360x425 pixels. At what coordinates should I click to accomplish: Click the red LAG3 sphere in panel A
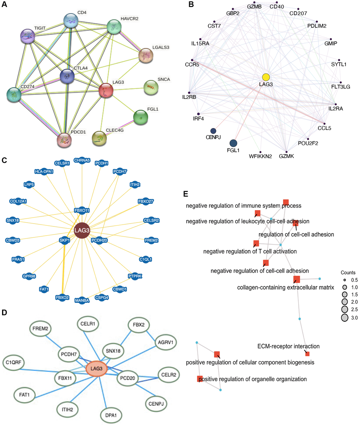point(106,90)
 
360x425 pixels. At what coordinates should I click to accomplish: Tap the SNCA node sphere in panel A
point(151,87)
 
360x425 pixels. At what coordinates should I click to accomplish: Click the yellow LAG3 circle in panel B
point(266,77)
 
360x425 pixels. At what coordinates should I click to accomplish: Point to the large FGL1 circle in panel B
point(233,143)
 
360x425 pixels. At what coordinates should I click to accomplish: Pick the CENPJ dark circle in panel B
point(213,131)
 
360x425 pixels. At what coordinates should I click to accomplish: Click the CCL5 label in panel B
point(324,128)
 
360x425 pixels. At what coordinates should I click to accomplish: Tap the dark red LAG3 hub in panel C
point(82,230)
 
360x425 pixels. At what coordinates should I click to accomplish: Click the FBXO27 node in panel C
point(146,201)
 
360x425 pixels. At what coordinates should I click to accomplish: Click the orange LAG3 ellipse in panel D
point(96,369)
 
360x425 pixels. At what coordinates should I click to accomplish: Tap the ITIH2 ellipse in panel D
point(67,409)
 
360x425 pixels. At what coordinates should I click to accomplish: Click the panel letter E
point(186,194)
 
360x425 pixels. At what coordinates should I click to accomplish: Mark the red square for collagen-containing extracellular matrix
point(296,279)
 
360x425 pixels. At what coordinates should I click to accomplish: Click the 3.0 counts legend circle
point(344,318)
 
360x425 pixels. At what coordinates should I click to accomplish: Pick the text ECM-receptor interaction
point(288,346)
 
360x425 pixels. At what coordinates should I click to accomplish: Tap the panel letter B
point(191,5)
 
